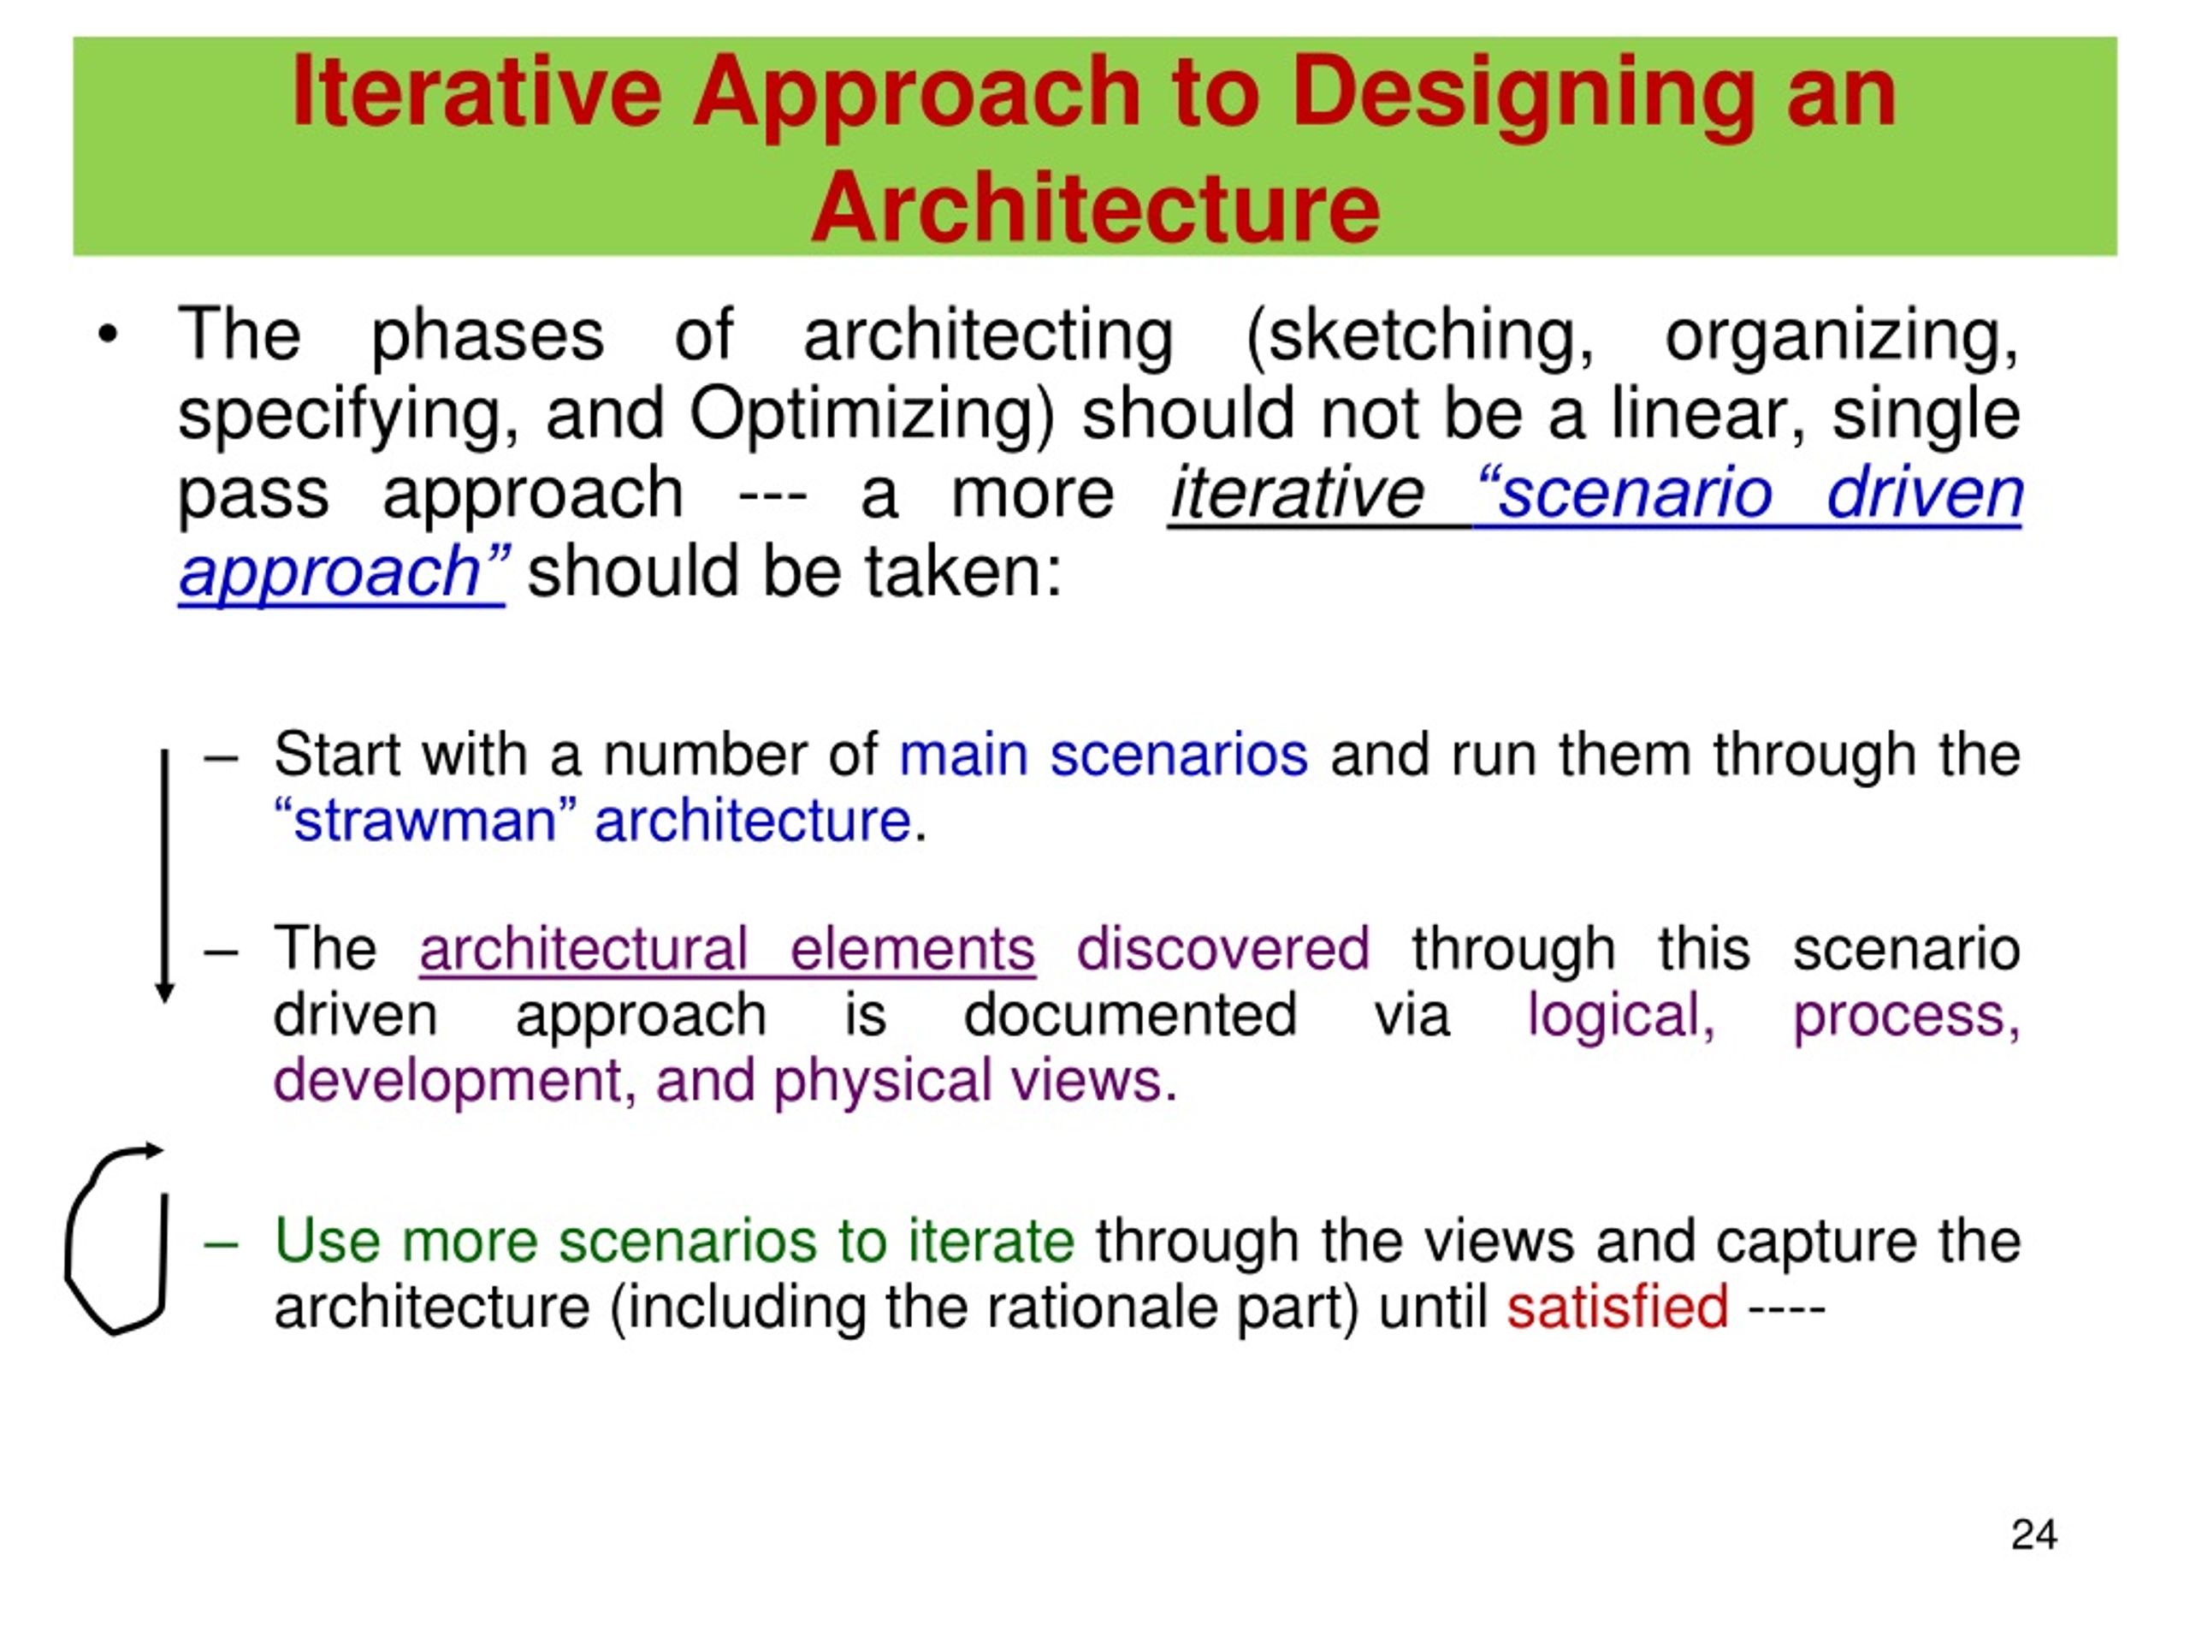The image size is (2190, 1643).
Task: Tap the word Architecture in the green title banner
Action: coord(1094,207)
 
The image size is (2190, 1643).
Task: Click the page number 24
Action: coord(2033,1534)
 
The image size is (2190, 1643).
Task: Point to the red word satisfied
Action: coord(1617,1308)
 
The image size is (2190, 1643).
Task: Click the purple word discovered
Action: coord(1222,949)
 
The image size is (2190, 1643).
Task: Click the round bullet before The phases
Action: coord(108,335)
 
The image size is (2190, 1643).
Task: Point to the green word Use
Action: coord(327,1240)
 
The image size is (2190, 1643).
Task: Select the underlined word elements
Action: coord(912,949)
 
